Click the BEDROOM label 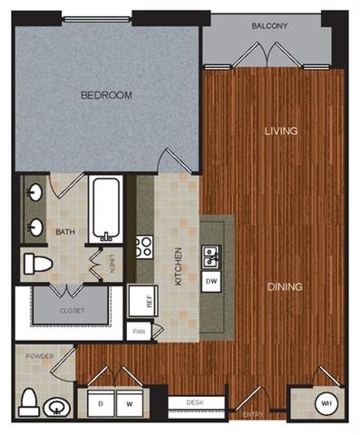coord(106,94)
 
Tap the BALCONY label coord(270,26)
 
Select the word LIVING coord(281,131)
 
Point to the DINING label coord(285,287)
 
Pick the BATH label coord(64,232)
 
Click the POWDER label coord(39,356)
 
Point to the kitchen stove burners coord(143,247)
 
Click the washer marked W coord(130,401)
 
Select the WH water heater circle coord(325,402)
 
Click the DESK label coord(194,401)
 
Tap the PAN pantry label coord(139,332)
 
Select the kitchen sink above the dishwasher coord(209,258)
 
